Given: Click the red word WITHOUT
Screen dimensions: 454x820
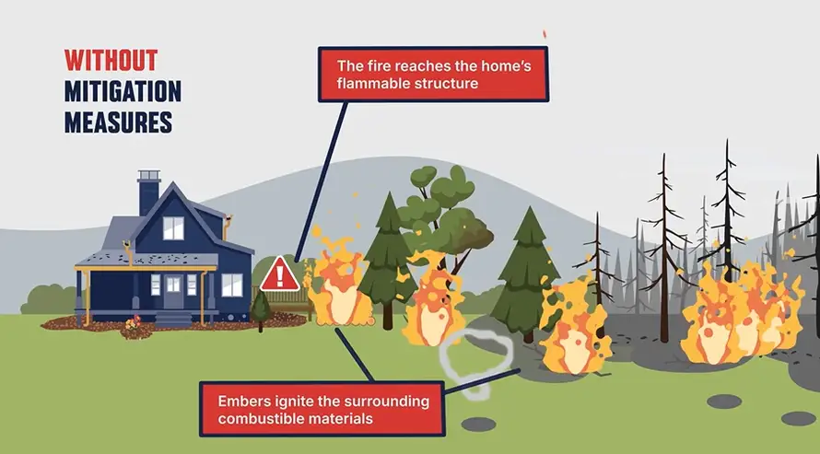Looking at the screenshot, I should (111, 61).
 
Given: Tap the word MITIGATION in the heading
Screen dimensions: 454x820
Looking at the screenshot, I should (123, 90).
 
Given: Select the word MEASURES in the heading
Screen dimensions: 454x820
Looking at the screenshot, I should (118, 122).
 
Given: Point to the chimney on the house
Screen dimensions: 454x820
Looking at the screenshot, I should (148, 192).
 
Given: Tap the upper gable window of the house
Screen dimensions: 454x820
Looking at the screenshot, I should (173, 227).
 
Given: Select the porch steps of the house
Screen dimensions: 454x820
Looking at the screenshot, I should (172, 319).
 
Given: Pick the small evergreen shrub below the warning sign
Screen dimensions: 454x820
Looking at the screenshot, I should (262, 309).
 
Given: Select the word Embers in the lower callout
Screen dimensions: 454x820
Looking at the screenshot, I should (243, 402).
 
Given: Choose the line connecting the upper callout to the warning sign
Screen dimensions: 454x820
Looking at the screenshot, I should (322, 175).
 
